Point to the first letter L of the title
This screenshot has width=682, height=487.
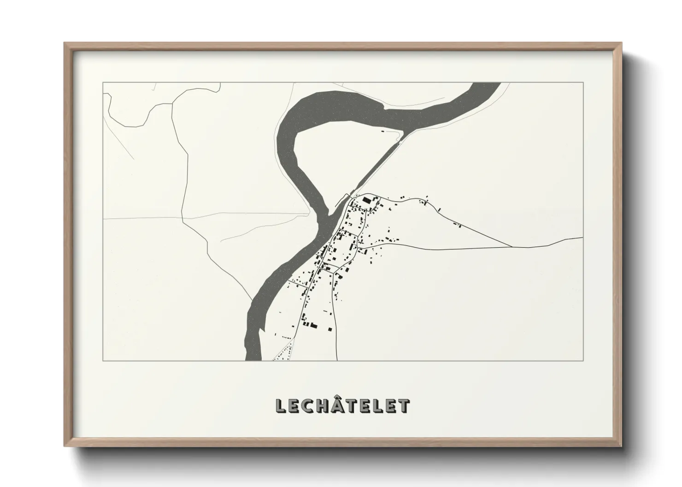(x=280, y=406)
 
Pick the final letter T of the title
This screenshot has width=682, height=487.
(x=404, y=406)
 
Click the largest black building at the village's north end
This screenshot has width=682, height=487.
(x=367, y=200)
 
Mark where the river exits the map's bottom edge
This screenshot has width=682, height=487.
(x=253, y=359)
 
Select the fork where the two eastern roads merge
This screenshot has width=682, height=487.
(x=512, y=247)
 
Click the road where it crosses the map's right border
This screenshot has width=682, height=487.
(x=582, y=238)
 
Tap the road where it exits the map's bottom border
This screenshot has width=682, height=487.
(x=337, y=360)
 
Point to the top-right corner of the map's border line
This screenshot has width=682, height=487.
(x=583, y=82)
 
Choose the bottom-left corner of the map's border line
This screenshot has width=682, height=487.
(x=103, y=360)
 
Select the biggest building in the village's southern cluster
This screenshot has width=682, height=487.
(x=315, y=326)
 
